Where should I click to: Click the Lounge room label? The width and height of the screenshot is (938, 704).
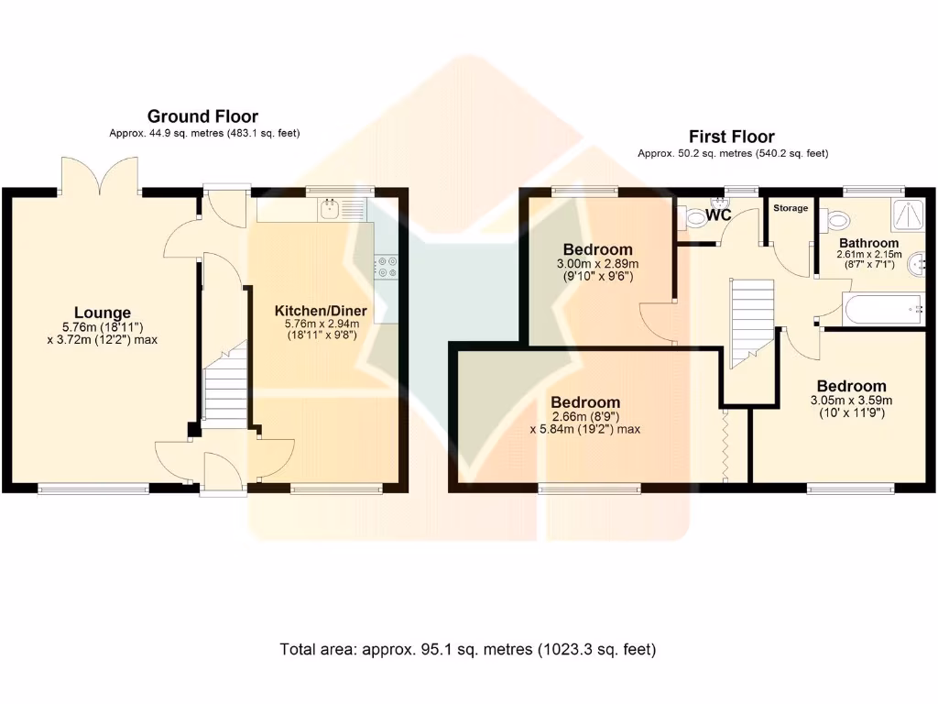(103, 313)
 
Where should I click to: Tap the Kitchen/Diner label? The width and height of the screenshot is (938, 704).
(321, 311)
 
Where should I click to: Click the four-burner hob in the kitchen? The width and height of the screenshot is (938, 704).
(387, 267)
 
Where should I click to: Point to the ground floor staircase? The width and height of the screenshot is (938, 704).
(225, 384)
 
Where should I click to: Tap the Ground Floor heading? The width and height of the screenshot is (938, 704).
(202, 116)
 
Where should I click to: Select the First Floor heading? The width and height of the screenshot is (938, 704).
(732, 137)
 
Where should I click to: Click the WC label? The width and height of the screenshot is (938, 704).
(718, 214)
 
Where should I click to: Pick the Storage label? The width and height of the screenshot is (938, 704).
(791, 208)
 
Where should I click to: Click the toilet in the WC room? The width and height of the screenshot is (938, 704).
(693, 218)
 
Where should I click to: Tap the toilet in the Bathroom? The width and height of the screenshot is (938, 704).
(835, 220)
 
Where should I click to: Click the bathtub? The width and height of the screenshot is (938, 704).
(883, 309)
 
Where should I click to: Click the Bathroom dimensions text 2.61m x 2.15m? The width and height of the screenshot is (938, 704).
(868, 255)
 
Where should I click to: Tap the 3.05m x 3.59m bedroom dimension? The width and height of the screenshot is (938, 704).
(851, 401)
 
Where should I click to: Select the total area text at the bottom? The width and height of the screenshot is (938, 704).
(468, 649)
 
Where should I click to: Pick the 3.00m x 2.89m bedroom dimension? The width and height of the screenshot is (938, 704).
(597, 263)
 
